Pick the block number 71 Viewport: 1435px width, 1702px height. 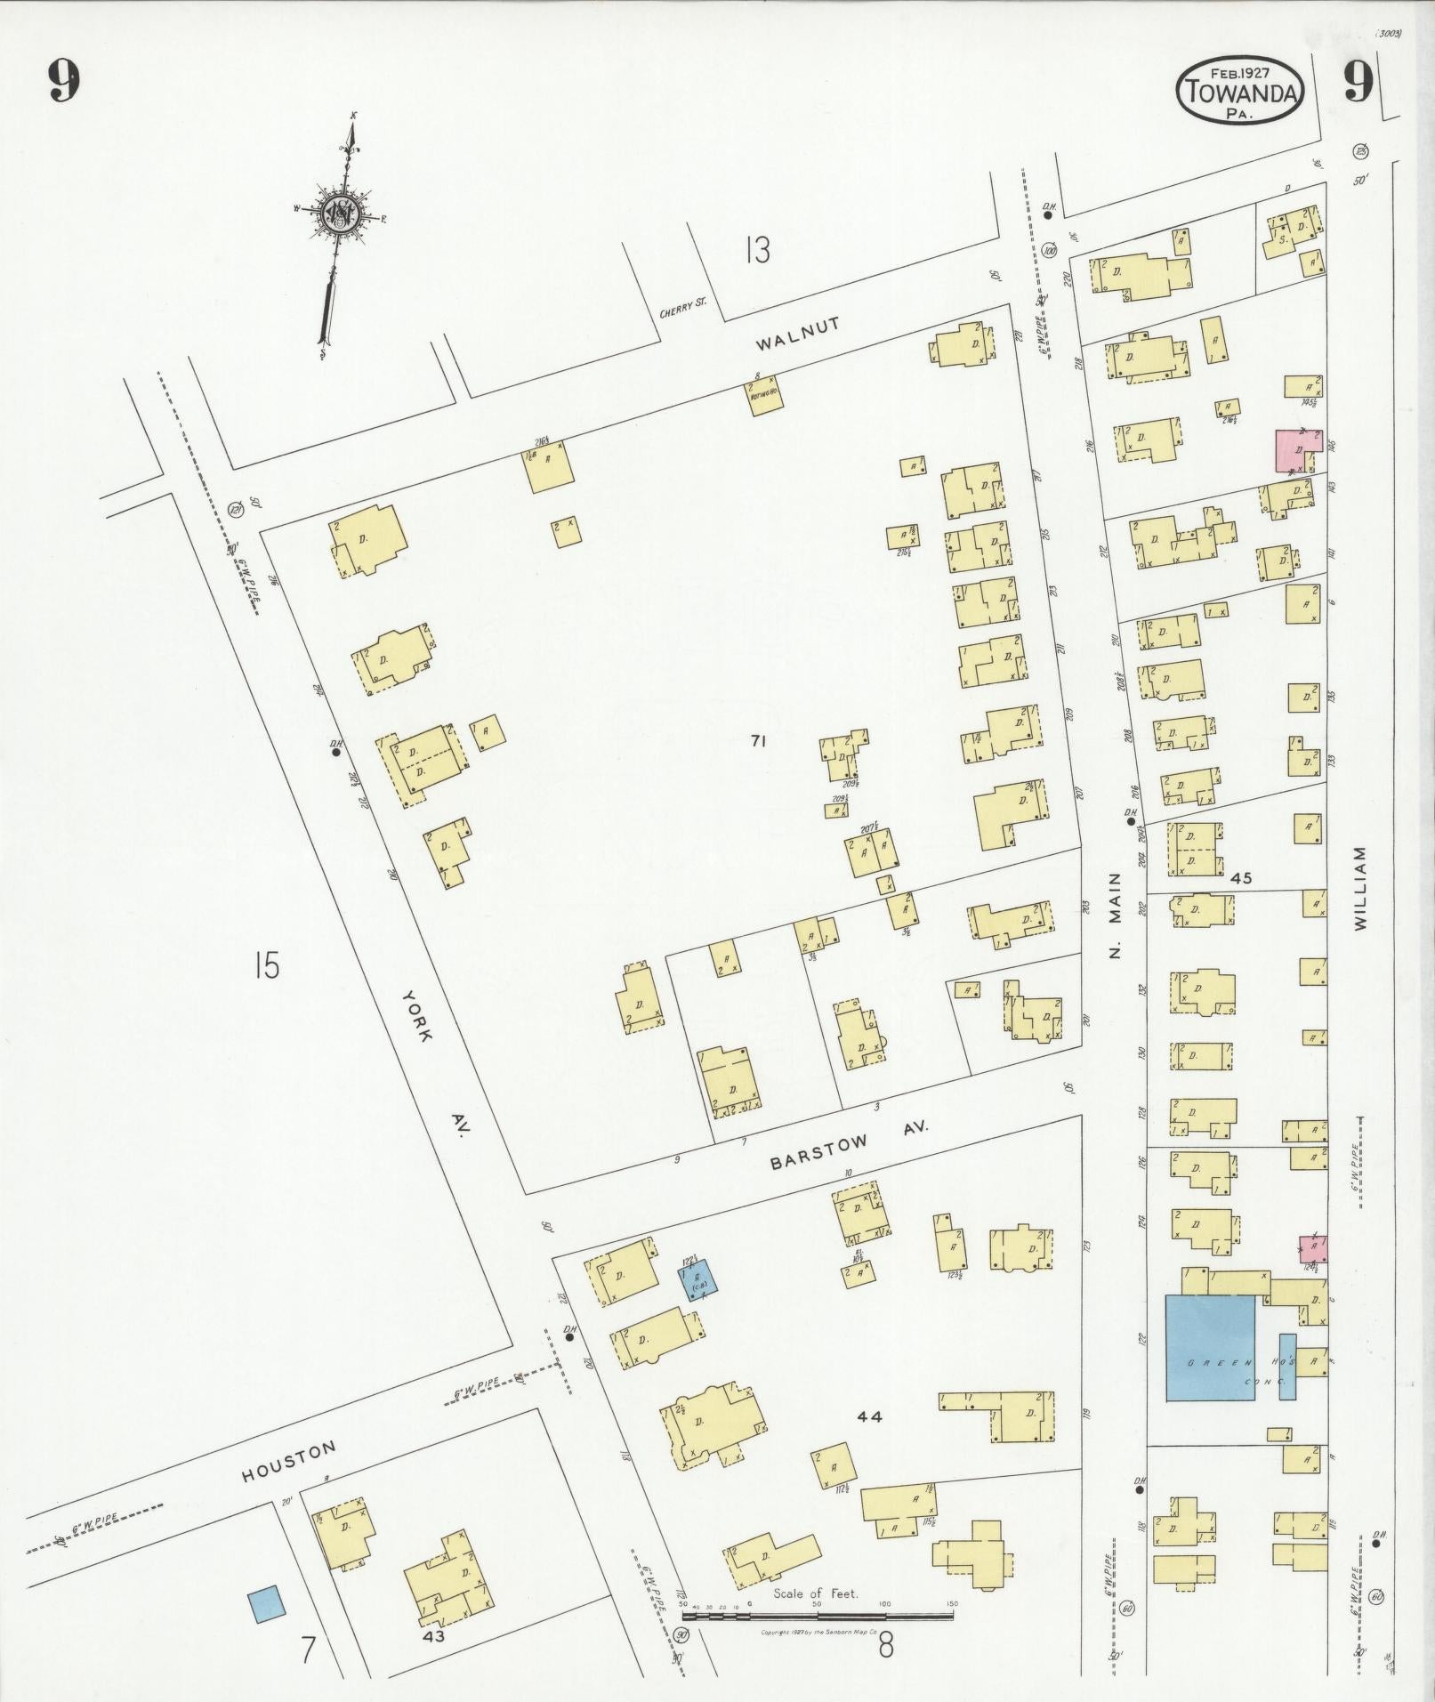[x=758, y=739]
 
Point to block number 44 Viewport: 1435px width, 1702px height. [x=869, y=1416]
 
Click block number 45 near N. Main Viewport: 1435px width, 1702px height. [x=1242, y=878]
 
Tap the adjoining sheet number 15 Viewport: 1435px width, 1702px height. [x=266, y=964]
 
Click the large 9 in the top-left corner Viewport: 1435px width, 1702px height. [x=64, y=83]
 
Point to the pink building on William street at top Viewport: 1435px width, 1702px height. [x=1299, y=450]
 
